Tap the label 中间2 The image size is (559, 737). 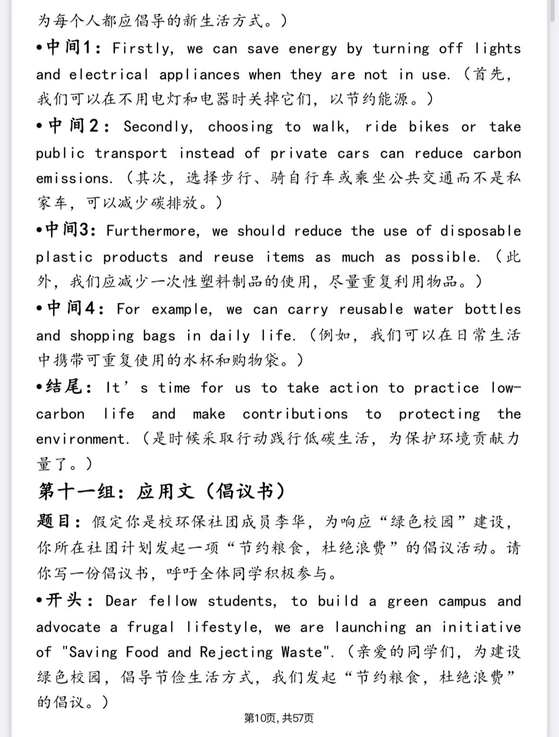pyautogui.click(x=74, y=127)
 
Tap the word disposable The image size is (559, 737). pyautogui.click(x=480, y=231)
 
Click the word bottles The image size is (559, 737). pyautogui.click(x=493, y=309)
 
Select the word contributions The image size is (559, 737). pyautogui.click(x=295, y=414)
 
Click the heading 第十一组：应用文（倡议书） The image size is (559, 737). pyautogui.click(x=162, y=492)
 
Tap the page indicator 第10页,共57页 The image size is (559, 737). pyautogui.click(x=279, y=718)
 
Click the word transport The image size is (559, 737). pyautogui.click(x=131, y=154)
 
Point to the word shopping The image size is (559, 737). pyautogui.click(x=102, y=336)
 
